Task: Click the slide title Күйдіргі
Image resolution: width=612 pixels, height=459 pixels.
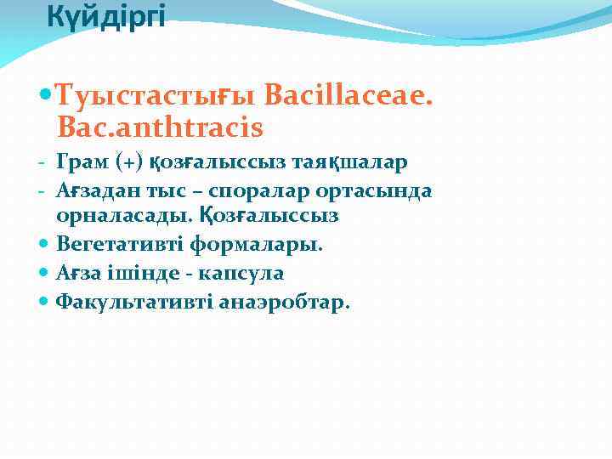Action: (x=105, y=16)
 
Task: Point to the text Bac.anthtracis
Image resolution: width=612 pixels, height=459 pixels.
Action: (x=160, y=128)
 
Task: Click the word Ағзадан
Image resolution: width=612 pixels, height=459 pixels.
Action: (x=99, y=190)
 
